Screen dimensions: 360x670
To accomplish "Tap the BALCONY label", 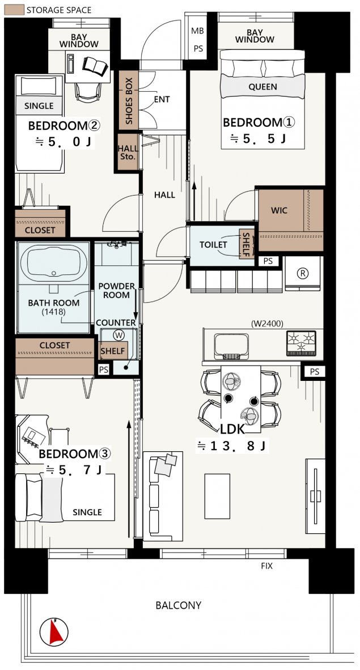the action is point(178,605).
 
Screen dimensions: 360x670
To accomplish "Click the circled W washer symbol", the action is point(118,336).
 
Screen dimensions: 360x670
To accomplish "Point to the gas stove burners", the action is point(301,343).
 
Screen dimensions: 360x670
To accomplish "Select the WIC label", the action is point(279,211).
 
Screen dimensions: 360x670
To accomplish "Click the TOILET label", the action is point(213,245).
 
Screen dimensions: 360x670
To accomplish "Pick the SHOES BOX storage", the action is point(129,100).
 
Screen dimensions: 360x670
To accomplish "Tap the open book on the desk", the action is point(95,66).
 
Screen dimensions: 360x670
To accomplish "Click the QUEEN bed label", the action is point(262,87).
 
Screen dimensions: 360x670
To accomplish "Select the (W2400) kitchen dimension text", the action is point(267,323).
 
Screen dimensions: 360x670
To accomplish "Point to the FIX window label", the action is point(267,566).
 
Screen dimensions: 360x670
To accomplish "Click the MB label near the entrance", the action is point(197,31).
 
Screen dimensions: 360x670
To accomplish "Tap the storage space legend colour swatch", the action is point(14,10).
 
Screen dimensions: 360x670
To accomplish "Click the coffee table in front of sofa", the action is point(217,496).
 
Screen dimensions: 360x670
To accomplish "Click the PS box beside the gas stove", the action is point(314,372).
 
